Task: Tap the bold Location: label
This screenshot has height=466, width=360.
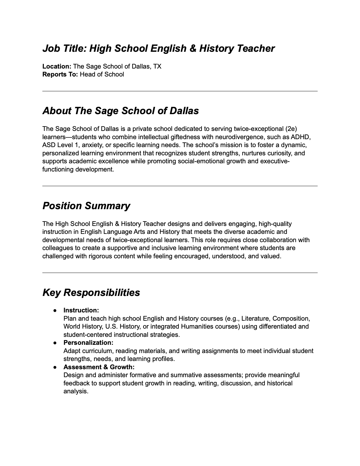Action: [57, 66]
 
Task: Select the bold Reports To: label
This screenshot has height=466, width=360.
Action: [60, 74]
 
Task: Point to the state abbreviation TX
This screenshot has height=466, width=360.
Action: [157, 66]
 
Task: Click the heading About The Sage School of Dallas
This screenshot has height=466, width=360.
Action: [121, 111]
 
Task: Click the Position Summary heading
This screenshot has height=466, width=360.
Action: [86, 206]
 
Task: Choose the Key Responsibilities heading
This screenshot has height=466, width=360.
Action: [91, 293]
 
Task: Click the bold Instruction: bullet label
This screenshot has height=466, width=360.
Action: [81, 310]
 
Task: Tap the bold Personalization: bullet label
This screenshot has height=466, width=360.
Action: [88, 343]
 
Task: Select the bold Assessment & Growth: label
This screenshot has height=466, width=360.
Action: [99, 367]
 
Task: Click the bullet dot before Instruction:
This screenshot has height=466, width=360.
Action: [55, 311]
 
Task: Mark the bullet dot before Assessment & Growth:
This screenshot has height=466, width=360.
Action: [55, 367]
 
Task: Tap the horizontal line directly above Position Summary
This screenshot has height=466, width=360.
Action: [180, 186]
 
